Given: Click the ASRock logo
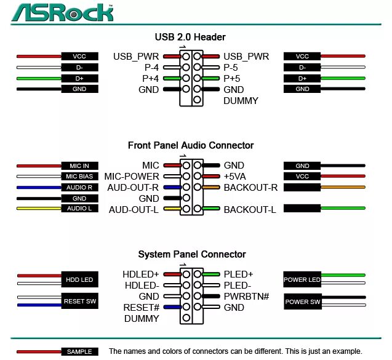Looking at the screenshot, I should point(62,12).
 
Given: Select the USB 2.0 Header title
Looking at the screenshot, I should point(190,38).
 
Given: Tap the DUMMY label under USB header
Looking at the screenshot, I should point(241,101).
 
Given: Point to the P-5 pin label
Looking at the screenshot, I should point(231,68).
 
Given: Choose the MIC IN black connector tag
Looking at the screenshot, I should point(79,166).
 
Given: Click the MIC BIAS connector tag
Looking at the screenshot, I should point(79,177).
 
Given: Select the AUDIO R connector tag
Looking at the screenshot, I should point(79,188).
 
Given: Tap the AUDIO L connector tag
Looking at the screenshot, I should point(79,209).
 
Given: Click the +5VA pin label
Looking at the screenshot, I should point(234,177).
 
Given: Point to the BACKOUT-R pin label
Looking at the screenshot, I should point(250,188).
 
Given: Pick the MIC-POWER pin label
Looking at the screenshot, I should point(132,177).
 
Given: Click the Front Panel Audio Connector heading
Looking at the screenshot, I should point(191,146).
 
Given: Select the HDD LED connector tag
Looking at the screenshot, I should point(79,280).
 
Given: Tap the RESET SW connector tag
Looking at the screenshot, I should point(79,302).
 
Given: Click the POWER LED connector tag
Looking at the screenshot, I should point(302,280).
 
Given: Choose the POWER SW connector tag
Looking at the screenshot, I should point(302,302).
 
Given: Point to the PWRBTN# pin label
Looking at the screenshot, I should point(247,297).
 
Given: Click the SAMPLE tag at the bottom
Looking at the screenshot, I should point(79,351).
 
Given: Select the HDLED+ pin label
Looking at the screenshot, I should point(141,274).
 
